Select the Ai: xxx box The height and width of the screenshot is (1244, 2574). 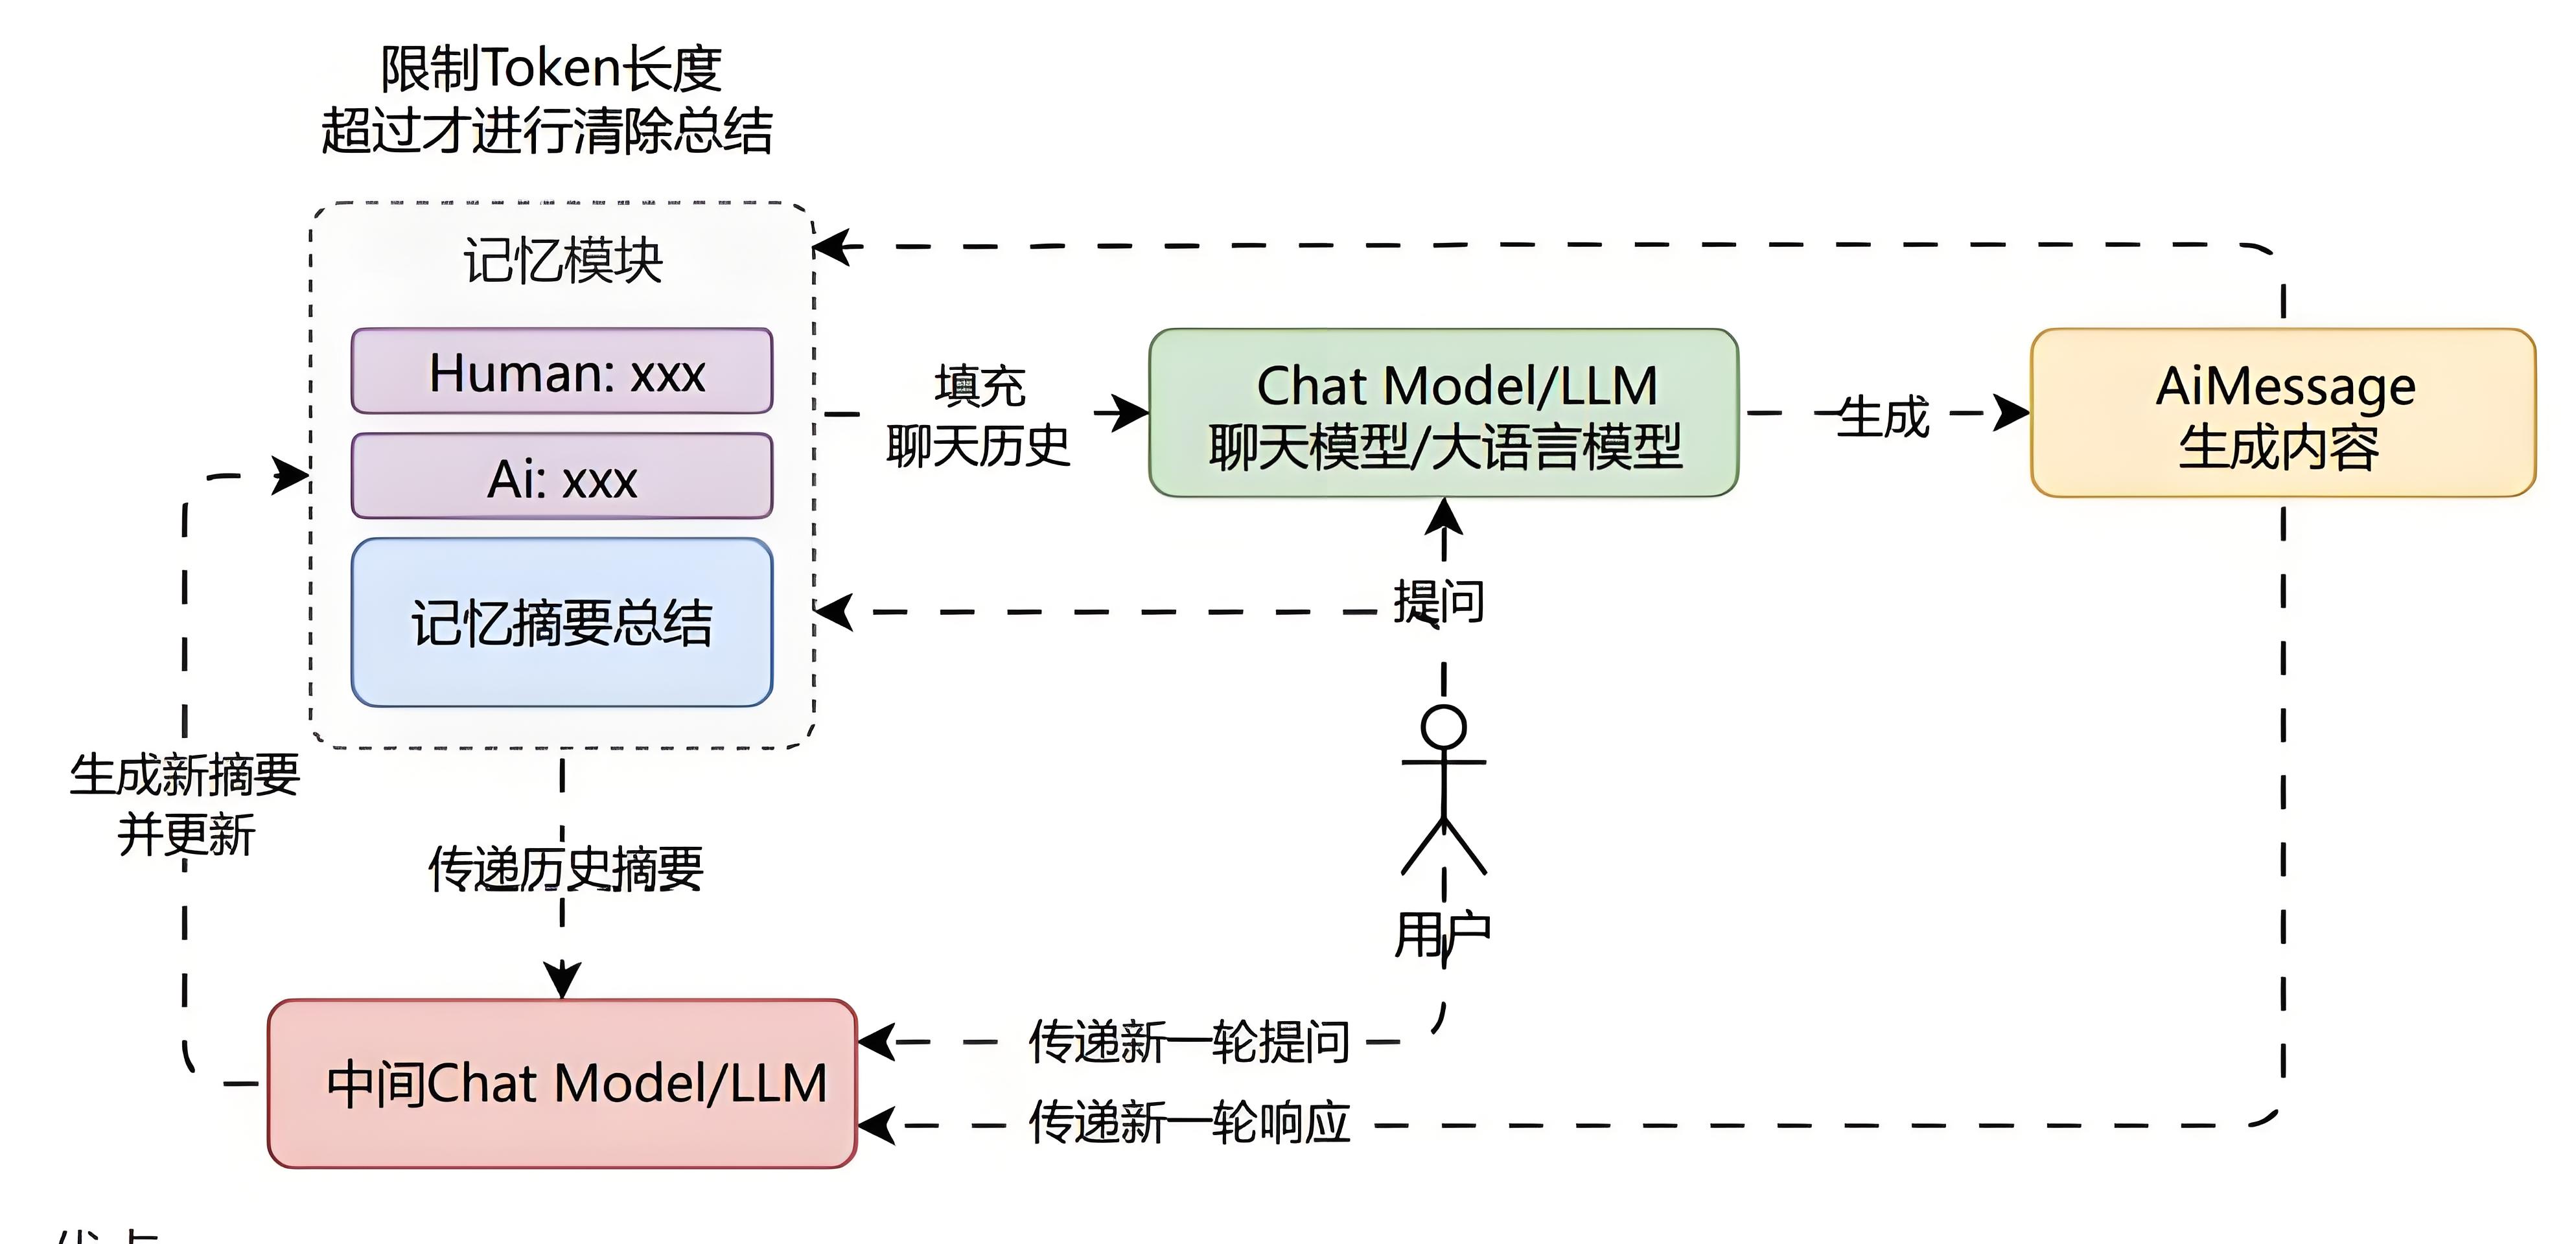coord(562,477)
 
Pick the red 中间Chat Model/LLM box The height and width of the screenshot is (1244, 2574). coord(562,1083)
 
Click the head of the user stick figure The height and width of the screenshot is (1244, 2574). coord(1444,726)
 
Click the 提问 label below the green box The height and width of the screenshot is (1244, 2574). coord(1439,601)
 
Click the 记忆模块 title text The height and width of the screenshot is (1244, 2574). coord(562,261)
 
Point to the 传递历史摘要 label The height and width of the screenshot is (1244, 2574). coord(566,868)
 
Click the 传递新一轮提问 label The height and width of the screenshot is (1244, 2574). coord(1189,1042)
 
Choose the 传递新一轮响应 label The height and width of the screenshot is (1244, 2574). coord(1189,1122)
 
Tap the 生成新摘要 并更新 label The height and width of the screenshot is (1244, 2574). coord(185,804)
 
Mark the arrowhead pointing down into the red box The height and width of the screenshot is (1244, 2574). coord(562,978)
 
